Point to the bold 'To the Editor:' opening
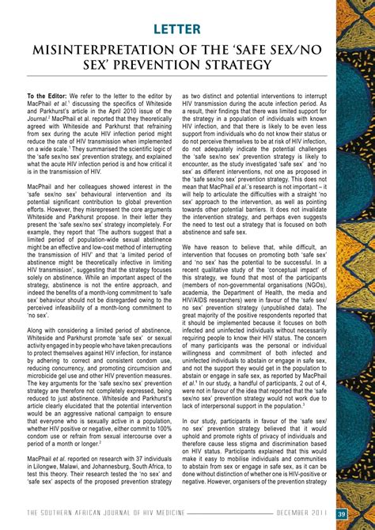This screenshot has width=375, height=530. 51,95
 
